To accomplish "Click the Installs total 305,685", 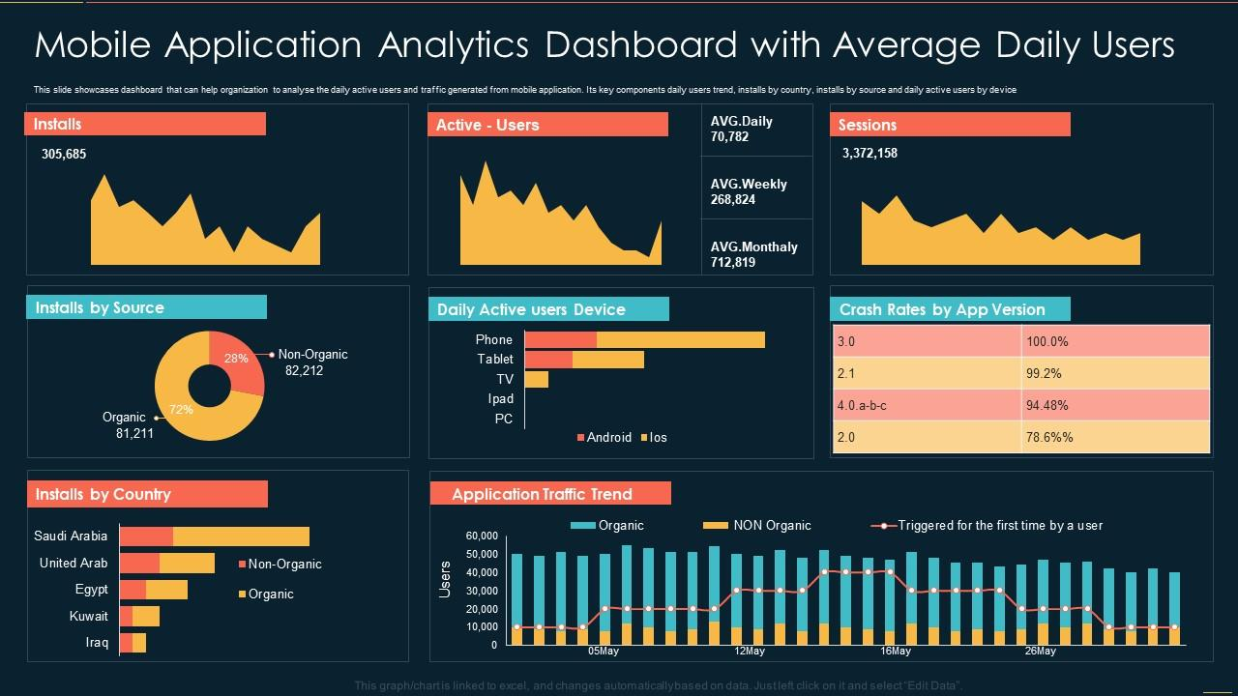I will pos(64,154).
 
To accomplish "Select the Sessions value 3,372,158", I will pos(870,153).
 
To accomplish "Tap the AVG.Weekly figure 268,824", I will pos(733,199).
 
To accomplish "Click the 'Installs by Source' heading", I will pos(100,307).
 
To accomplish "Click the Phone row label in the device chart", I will pos(493,339).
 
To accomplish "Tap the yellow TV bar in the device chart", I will pos(537,379).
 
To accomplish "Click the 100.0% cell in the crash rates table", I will pos(1046,341).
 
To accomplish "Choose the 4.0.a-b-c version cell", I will pos(862,405).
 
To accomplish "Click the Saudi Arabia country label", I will pos(71,536).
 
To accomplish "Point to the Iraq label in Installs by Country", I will pos(97,643).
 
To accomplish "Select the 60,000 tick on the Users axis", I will pos(481,536).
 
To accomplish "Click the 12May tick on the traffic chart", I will pos(750,652).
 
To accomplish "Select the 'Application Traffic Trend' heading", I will pos(542,494).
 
